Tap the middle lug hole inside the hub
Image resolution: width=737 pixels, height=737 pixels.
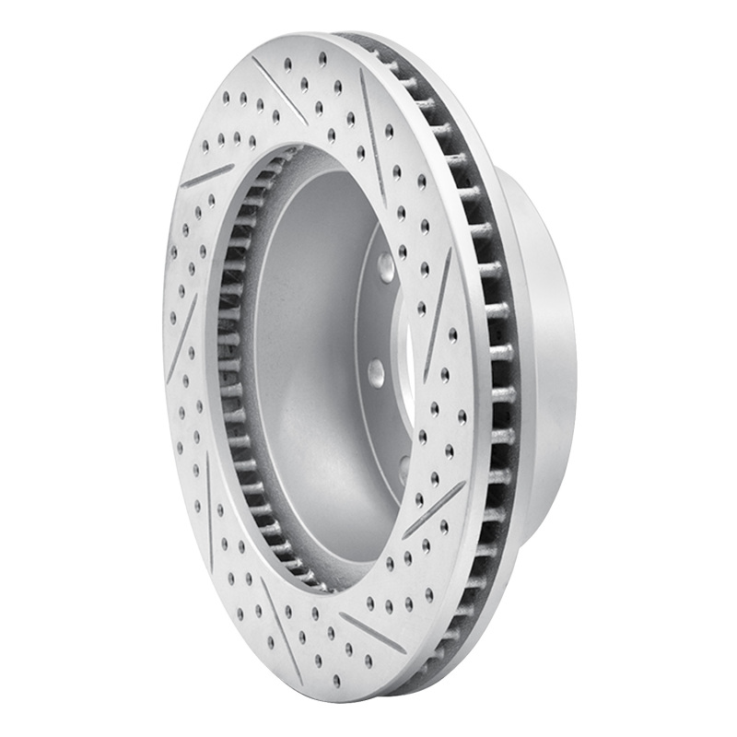376,371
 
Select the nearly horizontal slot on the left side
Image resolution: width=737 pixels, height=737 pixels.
207,174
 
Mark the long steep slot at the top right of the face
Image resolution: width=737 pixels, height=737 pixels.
373,138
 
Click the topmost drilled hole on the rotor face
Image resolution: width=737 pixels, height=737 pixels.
322,56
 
